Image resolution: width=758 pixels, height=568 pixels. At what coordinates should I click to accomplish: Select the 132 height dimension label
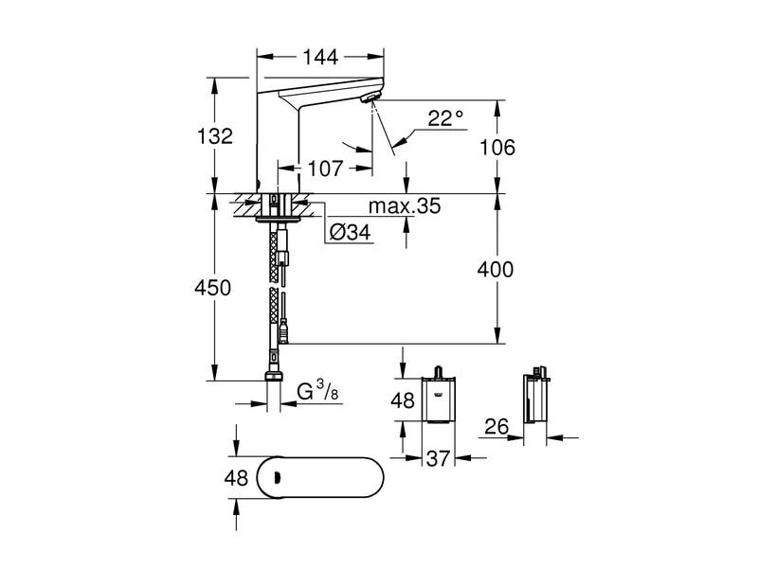[x=217, y=135]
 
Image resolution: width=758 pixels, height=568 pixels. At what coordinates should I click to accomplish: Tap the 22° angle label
[x=445, y=117]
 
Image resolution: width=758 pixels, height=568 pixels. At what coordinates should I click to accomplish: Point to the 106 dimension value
[x=497, y=147]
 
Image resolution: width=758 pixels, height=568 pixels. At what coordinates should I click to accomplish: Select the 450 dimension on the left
[x=212, y=288]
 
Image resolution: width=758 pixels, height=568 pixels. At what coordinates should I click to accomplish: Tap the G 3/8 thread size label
[x=318, y=392]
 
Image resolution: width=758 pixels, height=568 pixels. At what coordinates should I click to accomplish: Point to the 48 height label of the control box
[x=404, y=400]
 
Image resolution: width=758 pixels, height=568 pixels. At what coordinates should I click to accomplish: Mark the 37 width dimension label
[x=437, y=459]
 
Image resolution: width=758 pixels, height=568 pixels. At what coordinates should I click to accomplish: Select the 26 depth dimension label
[x=497, y=426]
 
